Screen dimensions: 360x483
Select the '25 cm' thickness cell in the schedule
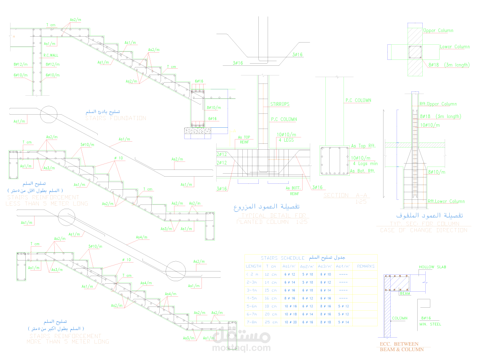click(x=271, y=322)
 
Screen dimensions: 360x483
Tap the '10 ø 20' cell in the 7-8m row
click(x=290, y=322)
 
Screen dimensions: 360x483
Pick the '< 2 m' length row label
click(x=253, y=274)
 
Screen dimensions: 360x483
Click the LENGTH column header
click(x=253, y=266)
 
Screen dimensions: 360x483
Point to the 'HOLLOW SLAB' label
click(x=432, y=267)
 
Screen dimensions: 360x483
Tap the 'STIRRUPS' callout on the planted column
click(x=280, y=104)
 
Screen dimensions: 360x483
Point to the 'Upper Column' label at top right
click(x=438, y=30)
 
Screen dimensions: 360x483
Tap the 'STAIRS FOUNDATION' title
click(x=116, y=118)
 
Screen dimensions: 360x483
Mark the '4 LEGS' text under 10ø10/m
click(x=285, y=140)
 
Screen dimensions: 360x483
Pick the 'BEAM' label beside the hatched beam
click(x=405, y=293)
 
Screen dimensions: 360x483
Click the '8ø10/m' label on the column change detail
click(x=437, y=172)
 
